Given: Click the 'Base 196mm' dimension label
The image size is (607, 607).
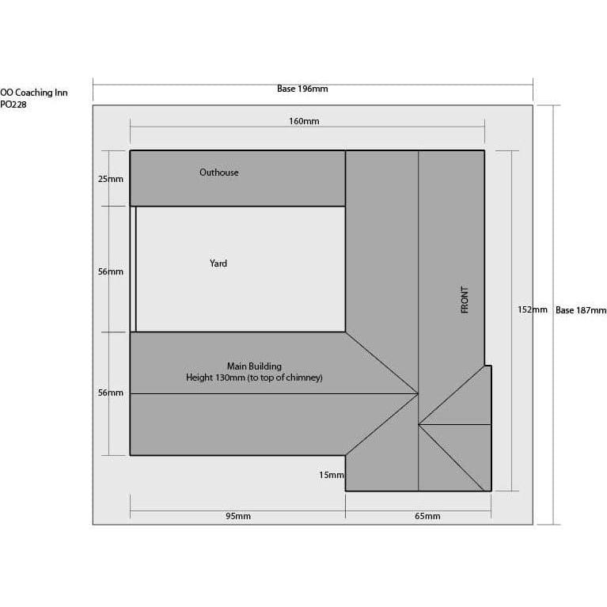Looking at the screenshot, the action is point(302,89).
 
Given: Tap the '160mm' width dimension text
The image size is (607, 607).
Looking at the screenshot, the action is point(304,121).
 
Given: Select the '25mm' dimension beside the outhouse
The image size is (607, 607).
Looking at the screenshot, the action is point(110,179).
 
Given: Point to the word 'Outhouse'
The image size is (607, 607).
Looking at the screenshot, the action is point(218,173).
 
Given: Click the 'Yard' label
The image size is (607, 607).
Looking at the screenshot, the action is point(218,264).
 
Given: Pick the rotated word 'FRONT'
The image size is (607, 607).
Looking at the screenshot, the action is point(465,300).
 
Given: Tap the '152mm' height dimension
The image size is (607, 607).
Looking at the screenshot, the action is point(533,309).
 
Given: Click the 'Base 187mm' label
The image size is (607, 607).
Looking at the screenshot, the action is point(581,310).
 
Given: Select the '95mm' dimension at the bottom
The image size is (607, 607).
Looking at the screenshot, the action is point(238,516).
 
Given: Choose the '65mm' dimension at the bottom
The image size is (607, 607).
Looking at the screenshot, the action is point(427,516).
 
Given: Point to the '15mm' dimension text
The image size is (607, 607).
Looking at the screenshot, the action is point(332,475).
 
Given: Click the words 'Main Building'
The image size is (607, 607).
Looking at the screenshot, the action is point(254,366).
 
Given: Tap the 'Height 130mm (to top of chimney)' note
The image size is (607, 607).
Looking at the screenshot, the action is point(254,377).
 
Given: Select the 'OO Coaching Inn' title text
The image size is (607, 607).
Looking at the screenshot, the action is point(34,93).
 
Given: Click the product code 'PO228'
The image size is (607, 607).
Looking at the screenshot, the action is point(13,104).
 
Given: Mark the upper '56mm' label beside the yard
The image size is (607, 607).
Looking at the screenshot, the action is point(110,271).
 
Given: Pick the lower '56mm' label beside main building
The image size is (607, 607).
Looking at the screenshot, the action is point(110,393).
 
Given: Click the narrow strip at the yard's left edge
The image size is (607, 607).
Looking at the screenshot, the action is point(133,269).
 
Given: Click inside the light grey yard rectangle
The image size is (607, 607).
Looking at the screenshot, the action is point(241,269).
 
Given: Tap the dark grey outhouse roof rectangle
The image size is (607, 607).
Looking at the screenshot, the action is point(237,178).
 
